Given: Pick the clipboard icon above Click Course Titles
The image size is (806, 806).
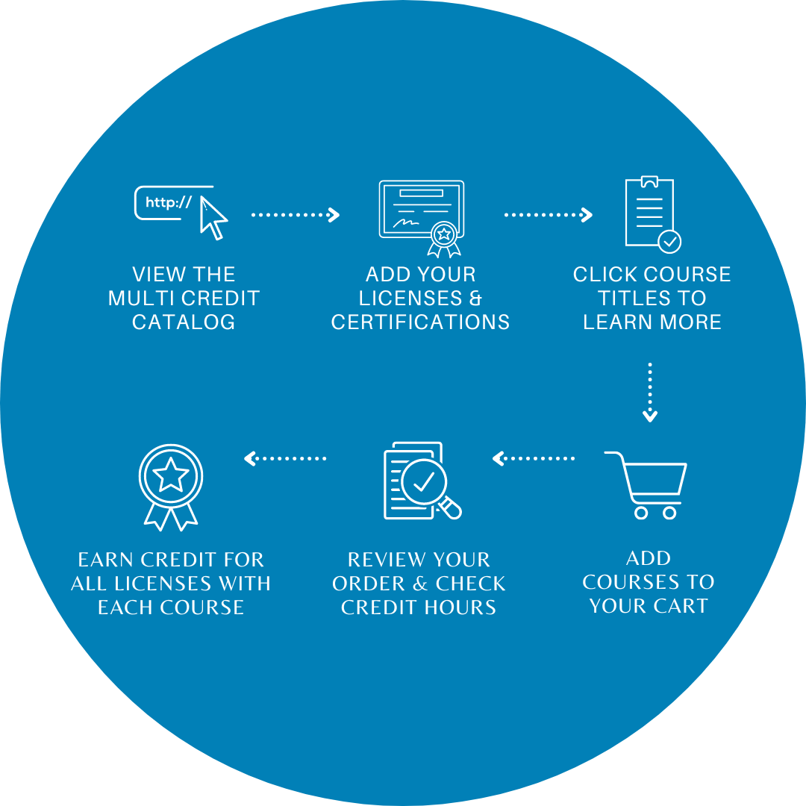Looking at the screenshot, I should pyautogui.click(x=649, y=211).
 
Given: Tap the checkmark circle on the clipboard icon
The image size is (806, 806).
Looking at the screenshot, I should pyautogui.click(x=669, y=241).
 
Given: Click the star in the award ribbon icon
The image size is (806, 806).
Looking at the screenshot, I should pyautogui.click(x=171, y=474).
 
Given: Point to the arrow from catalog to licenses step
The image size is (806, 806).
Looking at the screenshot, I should pyautogui.click(x=296, y=215).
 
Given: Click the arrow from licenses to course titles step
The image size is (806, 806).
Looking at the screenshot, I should pyautogui.click(x=548, y=215).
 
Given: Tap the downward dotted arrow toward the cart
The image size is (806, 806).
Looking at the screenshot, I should pyautogui.click(x=650, y=393).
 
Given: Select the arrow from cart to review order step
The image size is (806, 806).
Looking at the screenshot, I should pyautogui.click(x=534, y=458).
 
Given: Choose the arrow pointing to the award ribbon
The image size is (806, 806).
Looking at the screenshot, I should pyautogui.click(x=285, y=458).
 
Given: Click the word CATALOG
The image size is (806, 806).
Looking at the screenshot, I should pyautogui.click(x=184, y=322).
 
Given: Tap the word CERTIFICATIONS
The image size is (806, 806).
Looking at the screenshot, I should pyautogui.click(x=421, y=322).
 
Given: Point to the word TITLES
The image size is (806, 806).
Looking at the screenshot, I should pyautogui.click(x=631, y=299).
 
